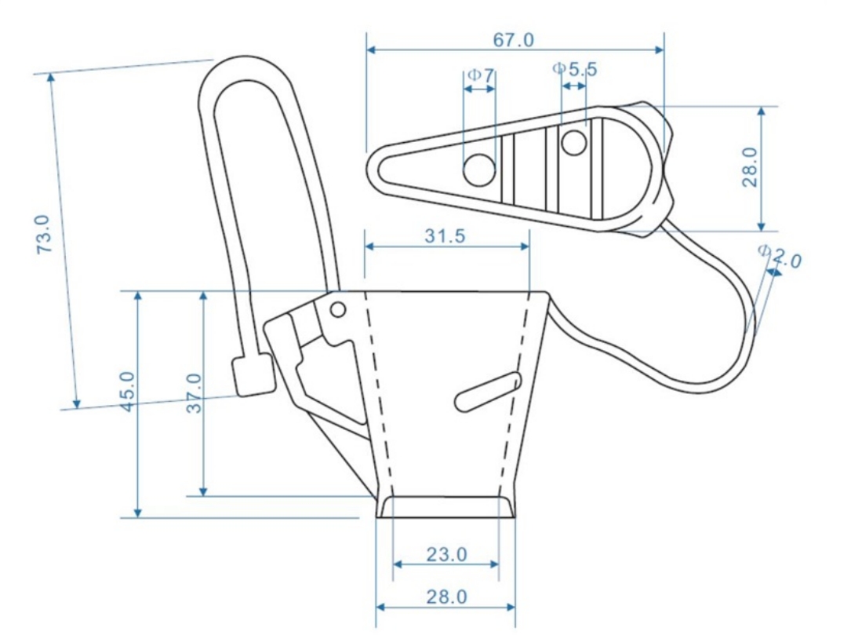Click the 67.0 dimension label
(x=513, y=40)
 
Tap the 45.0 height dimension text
(x=127, y=392)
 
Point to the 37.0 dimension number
(x=194, y=392)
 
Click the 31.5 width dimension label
(x=445, y=235)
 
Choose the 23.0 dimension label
(x=446, y=554)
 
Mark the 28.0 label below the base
(x=446, y=597)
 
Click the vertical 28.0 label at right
(x=750, y=167)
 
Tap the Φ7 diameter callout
(x=480, y=75)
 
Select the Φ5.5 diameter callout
(x=575, y=69)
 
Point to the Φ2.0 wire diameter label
(x=780, y=257)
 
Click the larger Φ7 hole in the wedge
(x=480, y=170)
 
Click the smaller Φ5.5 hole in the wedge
(x=573, y=142)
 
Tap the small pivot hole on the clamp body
(x=337, y=309)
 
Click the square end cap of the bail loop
(x=254, y=375)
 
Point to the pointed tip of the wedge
(x=367, y=169)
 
